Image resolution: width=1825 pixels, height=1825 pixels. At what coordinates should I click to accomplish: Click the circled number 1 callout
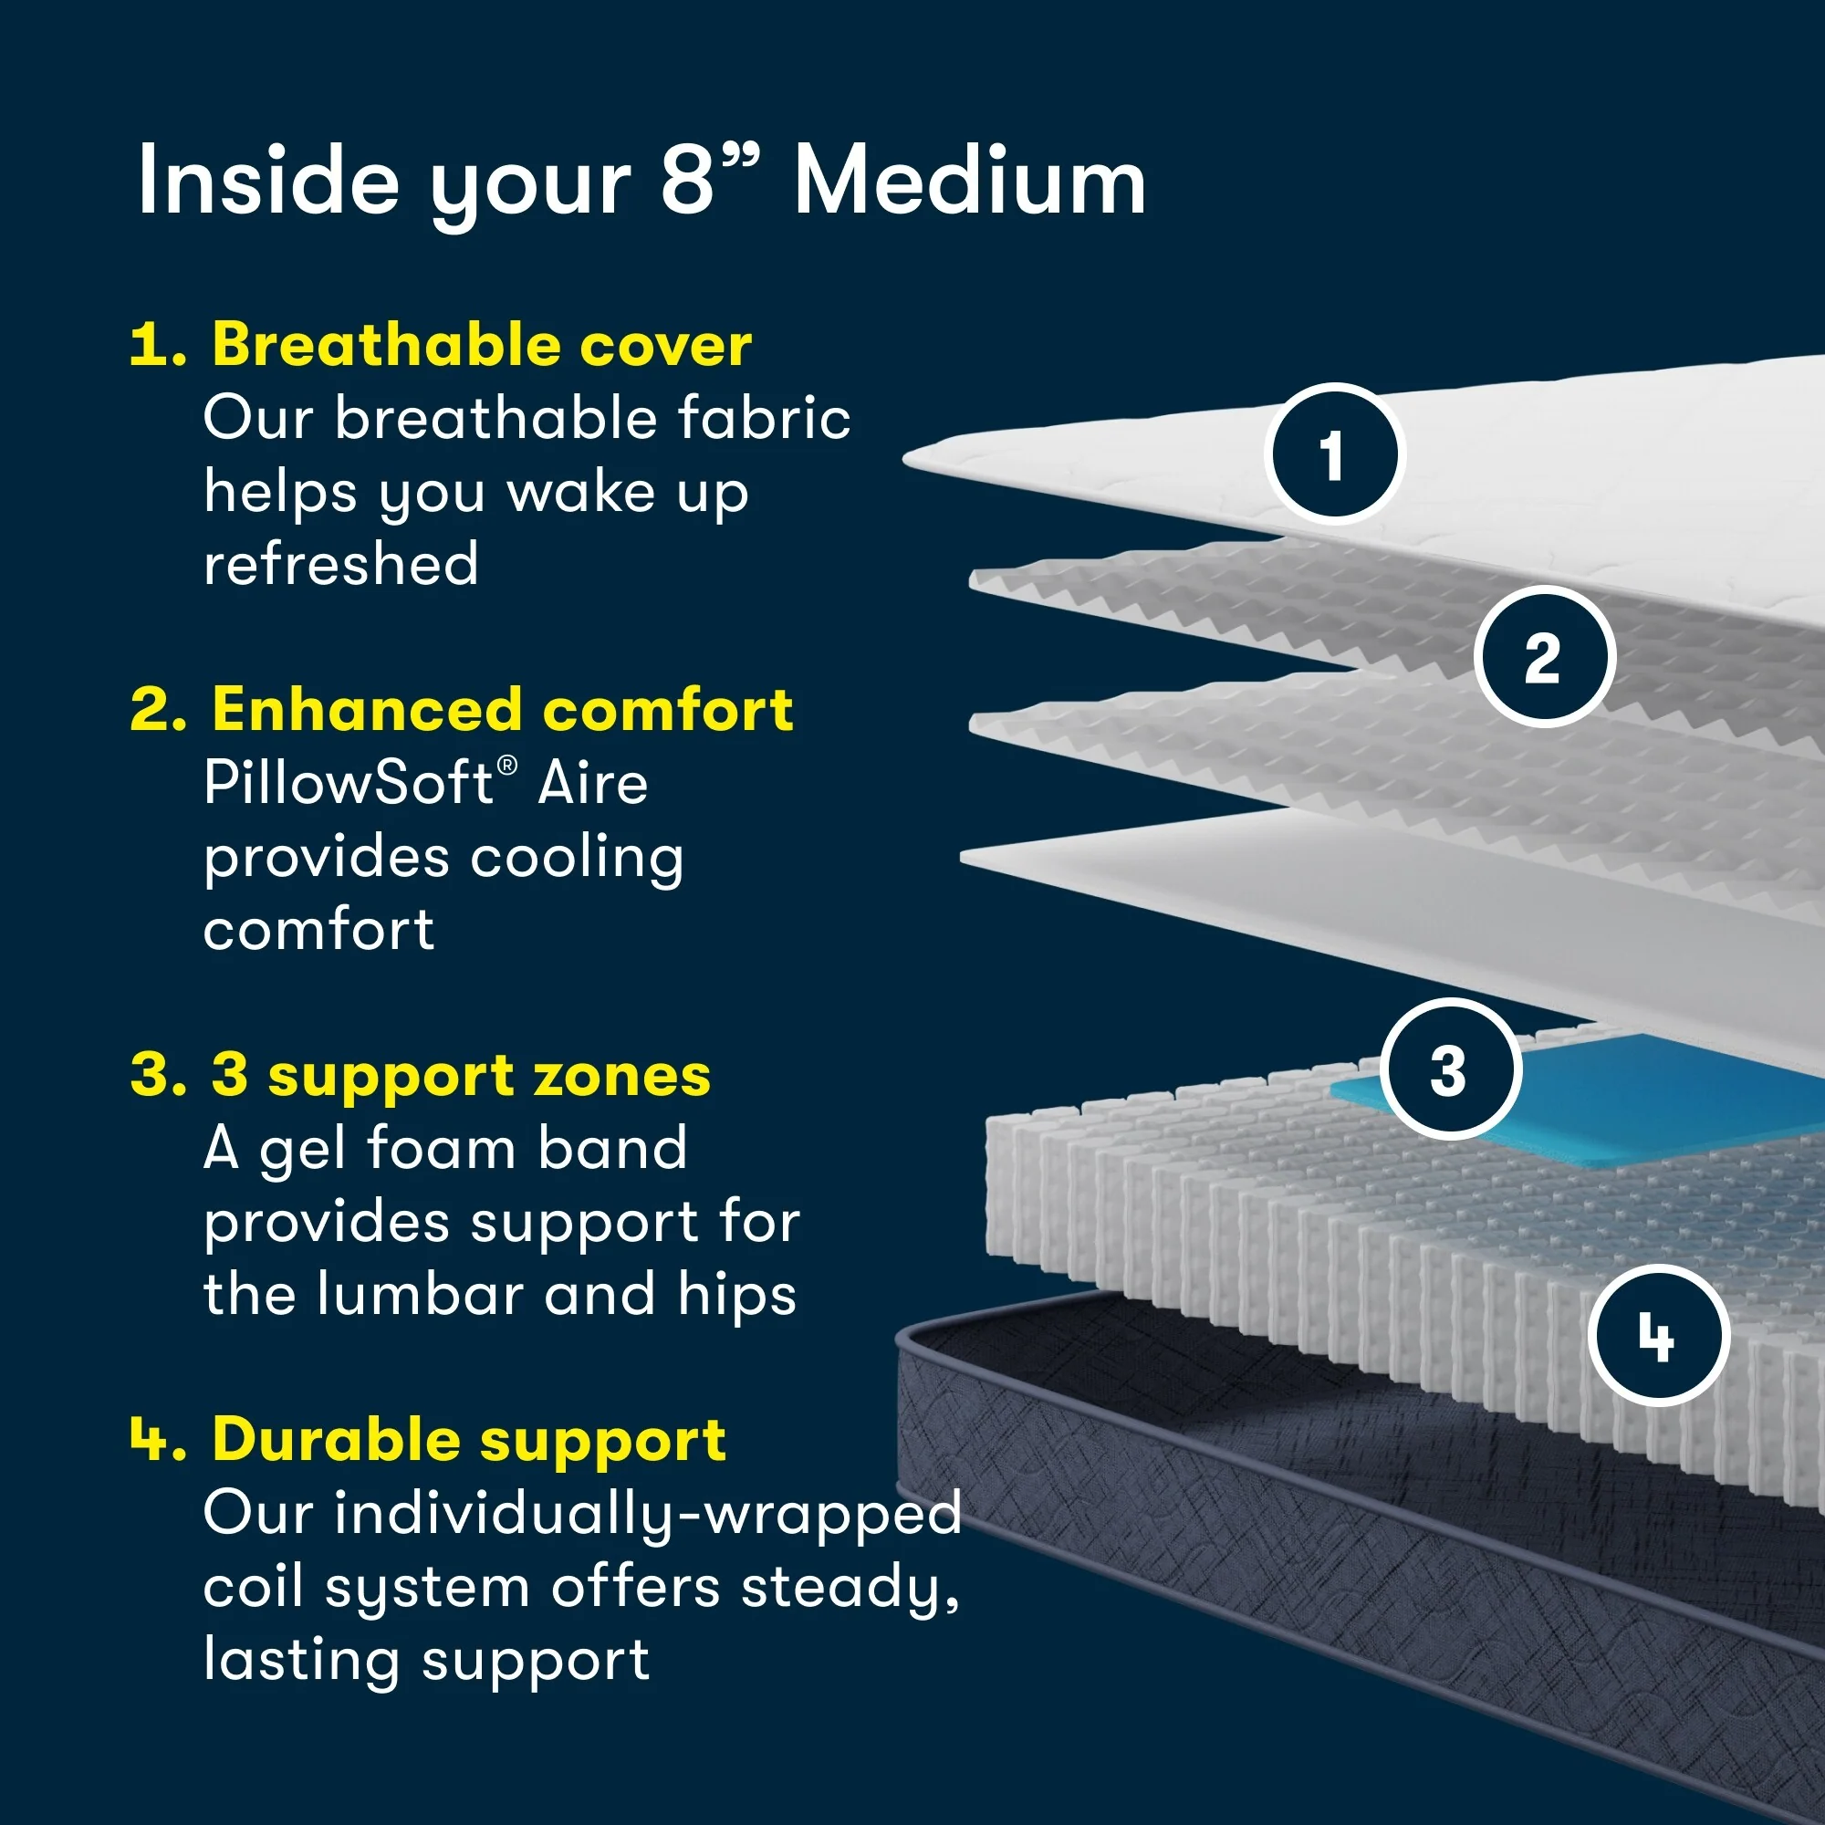click(1334, 454)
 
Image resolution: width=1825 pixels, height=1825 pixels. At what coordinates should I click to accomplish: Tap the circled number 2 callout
click(1545, 656)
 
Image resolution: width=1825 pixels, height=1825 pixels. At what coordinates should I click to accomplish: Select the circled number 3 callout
click(1450, 1069)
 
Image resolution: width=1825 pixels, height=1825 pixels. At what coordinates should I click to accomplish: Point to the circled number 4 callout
click(1659, 1336)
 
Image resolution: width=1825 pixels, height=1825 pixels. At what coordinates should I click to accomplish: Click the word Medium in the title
click(969, 182)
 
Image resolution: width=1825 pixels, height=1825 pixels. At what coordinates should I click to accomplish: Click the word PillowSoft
click(349, 783)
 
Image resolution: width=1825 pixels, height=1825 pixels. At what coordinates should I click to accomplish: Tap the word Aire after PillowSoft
click(592, 783)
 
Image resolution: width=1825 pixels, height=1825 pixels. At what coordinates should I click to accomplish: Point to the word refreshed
click(341, 564)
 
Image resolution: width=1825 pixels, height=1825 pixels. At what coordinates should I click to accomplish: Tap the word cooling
click(576, 858)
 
